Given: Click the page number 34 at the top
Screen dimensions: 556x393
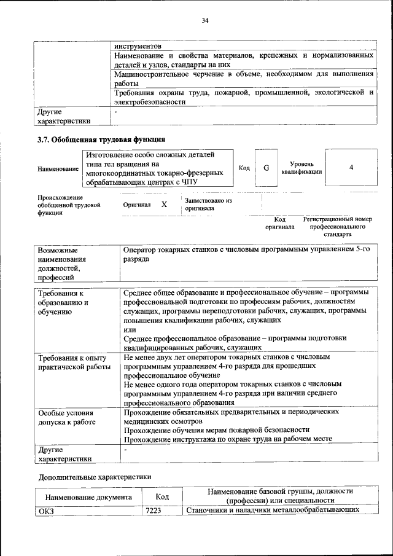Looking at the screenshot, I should pos(205,22).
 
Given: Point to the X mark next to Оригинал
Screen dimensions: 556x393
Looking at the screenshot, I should pos(164,204).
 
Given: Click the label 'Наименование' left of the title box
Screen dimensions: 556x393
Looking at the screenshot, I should pos(58,168).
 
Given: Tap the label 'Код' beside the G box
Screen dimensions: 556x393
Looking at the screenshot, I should pos(244,168).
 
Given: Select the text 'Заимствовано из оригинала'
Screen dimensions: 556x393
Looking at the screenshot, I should pos(208,204).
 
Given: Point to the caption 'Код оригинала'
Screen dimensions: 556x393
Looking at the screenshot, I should pos(280,223).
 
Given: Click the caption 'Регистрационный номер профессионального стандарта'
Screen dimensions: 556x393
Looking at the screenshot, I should pos(337,227).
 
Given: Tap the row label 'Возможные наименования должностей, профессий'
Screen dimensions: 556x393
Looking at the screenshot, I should pos(62,264).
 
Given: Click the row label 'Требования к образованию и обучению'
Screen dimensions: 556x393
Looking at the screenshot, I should pos(64,302).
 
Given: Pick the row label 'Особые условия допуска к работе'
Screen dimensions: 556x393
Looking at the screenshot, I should pos(68,418).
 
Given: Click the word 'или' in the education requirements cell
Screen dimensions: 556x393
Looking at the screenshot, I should pos(129,329).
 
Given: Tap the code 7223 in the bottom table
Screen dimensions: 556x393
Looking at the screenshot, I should pos(154,511).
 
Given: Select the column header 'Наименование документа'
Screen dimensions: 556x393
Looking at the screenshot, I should pos(88,496).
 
